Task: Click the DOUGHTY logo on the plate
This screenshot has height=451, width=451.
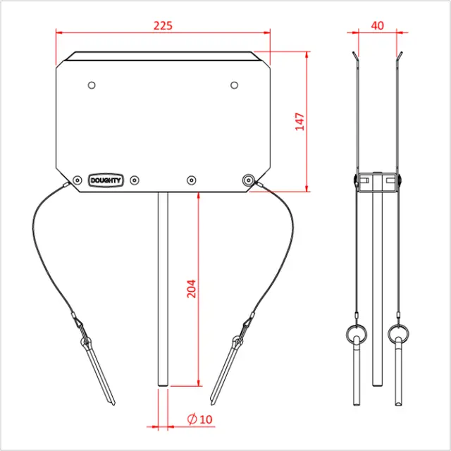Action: (106, 180)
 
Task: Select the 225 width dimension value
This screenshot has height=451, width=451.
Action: (163, 25)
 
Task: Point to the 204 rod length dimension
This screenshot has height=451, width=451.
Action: (191, 289)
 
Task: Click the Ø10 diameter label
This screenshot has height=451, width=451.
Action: (201, 419)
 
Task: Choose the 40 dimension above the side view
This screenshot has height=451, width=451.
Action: (377, 25)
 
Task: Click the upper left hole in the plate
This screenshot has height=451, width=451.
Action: (92, 85)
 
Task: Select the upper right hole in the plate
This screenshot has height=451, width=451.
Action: (235, 85)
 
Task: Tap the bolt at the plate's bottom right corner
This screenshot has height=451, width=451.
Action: (247, 180)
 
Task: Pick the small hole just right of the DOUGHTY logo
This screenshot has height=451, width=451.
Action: (136, 180)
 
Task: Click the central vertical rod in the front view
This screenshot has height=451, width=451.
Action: (163, 289)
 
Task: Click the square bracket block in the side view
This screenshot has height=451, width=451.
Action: (377, 183)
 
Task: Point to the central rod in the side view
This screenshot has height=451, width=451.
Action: (377, 289)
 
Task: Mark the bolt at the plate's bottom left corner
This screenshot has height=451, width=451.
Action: (77, 180)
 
